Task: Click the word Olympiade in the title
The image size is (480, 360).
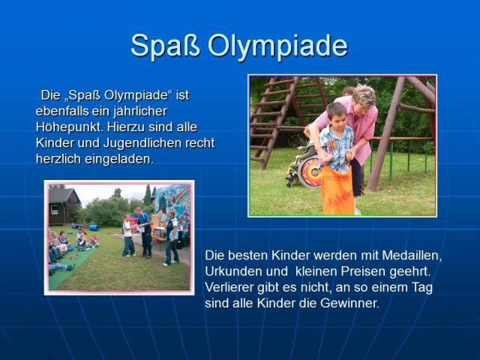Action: pos(277,46)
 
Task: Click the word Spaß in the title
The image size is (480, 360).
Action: pos(165,45)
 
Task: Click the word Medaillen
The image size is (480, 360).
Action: pos(412,255)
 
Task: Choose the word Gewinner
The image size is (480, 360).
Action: pos(349,303)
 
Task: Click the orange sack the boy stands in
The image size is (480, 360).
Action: pos(337,190)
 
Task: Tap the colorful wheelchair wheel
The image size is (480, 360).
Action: pos(309,172)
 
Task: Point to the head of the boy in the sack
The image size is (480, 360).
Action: pos(337,115)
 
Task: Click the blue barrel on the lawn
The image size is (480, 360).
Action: pos(94,227)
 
